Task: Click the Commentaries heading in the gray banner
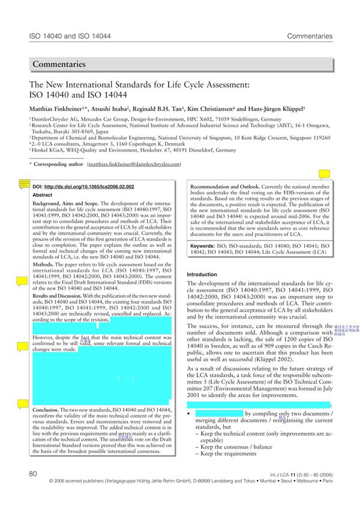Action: click(x=59, y=64)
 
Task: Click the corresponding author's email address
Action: click(x=134, y=164)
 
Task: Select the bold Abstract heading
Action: click(x=42, y=196)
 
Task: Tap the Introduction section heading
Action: click(x=202, y=275)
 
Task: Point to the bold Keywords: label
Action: click(x=207, y=247)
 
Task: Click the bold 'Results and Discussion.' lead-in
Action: click(x=57, y=296)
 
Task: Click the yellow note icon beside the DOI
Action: click(x=24, y=184)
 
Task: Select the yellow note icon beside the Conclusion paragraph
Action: click(x=24, y=404)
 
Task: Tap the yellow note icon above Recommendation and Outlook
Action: click(x=324, y=175)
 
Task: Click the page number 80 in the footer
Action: click(x=34, y=474)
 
